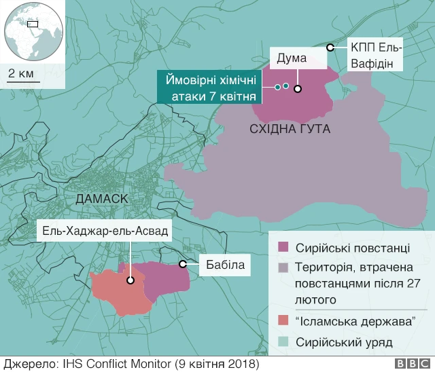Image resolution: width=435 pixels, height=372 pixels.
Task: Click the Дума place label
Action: (292, 58)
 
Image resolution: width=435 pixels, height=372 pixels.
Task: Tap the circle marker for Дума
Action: (298, 88)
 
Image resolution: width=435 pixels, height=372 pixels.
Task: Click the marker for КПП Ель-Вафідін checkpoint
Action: (330, 48)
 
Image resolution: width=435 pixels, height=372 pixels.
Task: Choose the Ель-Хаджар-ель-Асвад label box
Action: (105, 231)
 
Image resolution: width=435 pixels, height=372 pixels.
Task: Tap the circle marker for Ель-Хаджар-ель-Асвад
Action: (130, 279)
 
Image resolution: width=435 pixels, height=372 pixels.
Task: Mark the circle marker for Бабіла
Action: (182, 263)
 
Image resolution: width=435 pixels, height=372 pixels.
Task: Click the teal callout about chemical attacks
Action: (210, 87)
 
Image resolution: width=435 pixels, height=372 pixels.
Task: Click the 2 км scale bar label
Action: (20, 73)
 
